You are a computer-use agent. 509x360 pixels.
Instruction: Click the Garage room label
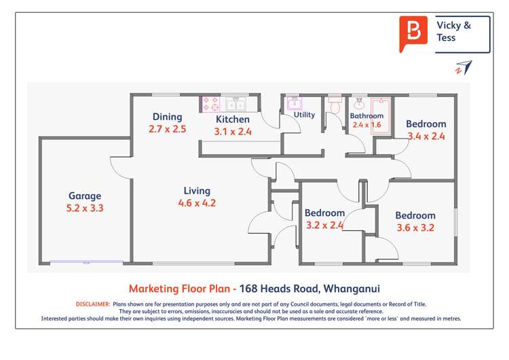[85, 196]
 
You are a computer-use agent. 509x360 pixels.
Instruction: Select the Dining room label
[167, 116]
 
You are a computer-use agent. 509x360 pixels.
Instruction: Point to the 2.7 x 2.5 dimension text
[167, 128]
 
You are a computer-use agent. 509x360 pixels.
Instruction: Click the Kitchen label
[232, 120]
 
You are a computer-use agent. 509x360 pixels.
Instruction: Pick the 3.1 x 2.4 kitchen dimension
[233, 132]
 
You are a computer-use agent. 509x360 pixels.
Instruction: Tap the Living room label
[197, 191]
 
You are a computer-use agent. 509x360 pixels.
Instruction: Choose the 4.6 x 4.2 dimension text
[197, 202]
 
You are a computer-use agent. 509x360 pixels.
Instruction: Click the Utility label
[304, 115]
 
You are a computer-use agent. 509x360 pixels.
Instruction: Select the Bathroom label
[366, 115]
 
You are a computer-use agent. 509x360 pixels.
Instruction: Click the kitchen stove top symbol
[210, 104]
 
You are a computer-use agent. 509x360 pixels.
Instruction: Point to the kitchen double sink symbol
[237, 104]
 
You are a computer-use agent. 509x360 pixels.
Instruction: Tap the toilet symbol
[334, 106]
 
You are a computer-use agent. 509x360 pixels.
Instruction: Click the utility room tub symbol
[294, 103]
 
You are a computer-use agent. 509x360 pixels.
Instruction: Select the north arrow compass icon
[464, 68]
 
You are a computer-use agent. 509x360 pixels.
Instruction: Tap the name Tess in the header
[447, 38]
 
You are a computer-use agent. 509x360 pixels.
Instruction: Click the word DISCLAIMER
[93, 304]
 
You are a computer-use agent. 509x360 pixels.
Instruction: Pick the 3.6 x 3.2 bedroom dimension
[415, 228]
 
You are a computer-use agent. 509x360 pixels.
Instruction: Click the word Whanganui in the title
[352, 288]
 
